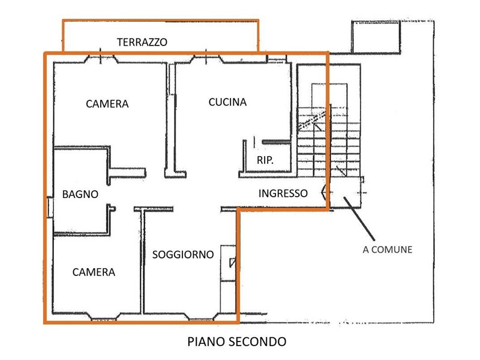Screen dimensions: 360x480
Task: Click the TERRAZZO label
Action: point(142,42)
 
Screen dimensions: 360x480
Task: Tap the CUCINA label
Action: point(227,101)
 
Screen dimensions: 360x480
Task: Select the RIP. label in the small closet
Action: point(265,160)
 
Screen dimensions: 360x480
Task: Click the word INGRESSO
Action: point(283,193)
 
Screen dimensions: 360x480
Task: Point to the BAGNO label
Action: point(80,194)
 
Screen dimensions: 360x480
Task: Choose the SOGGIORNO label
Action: point(183,254)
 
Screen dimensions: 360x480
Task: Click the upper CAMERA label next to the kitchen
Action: point(107,104)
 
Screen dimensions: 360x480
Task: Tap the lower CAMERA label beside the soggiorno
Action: point(94,272)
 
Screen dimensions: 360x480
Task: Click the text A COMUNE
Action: point(388,250)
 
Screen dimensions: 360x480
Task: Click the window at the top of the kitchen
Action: point(207,59)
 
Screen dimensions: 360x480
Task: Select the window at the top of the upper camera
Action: point(100,59)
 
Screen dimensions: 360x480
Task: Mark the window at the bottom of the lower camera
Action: point(100,316)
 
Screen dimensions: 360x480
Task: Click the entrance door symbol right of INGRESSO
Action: point(325,193)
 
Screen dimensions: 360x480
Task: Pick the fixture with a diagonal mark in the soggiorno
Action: point(232,263)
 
